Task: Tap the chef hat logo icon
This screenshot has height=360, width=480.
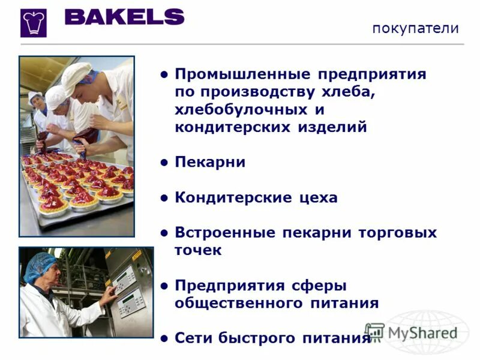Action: point(33,23)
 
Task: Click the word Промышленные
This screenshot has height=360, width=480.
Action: point(242,75)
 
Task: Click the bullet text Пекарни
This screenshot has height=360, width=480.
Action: point(210,163)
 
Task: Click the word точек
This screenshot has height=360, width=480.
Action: point(198,250)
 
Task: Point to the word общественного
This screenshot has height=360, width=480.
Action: point(238,303)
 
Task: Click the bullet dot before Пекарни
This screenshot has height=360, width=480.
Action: point(164,163)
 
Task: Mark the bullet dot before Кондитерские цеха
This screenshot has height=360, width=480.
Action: point(164,197)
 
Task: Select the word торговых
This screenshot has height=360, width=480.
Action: point(398,233)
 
